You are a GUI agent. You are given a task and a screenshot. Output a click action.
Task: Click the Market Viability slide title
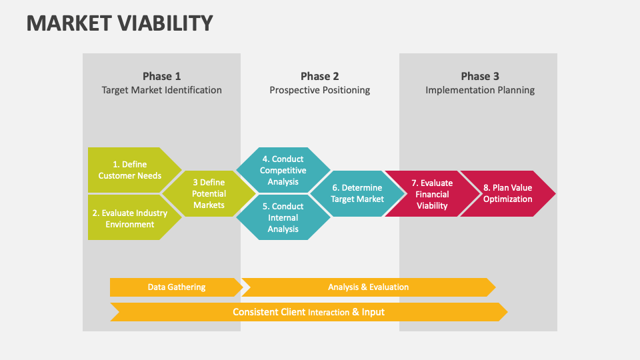[120, 23]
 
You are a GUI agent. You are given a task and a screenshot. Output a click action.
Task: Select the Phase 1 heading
[161, 76]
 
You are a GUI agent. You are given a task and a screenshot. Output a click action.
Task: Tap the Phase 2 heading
[319, 76]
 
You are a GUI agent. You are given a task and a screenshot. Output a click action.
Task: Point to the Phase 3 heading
[480, 76]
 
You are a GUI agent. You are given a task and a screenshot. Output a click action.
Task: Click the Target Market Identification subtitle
[161, 90]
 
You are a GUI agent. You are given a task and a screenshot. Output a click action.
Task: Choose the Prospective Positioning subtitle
[319, 90]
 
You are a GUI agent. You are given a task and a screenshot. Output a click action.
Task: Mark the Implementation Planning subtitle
[480, 90]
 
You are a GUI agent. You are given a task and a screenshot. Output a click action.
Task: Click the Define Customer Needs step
[130, 170]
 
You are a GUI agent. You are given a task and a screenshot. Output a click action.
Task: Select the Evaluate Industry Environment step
[130, 219]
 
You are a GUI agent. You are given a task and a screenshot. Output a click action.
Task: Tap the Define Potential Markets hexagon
[209, 194]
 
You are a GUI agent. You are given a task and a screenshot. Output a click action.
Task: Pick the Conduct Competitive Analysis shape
[283, 170]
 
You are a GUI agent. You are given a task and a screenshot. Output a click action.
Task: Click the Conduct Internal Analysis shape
[283, 218]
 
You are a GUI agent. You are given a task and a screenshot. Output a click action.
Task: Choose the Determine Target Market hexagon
[358, 194]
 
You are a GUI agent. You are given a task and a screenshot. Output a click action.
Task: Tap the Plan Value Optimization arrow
[508, 194]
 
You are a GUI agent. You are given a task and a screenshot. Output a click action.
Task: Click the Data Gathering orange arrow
[176, 287]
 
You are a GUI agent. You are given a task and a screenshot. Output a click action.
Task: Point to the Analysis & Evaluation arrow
[368, 287]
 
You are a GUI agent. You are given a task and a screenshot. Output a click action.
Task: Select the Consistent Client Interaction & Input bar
[308, 312]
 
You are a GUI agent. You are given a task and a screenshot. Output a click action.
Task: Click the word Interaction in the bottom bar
[329, 313]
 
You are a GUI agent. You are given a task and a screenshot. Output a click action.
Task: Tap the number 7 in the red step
[414, 183]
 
